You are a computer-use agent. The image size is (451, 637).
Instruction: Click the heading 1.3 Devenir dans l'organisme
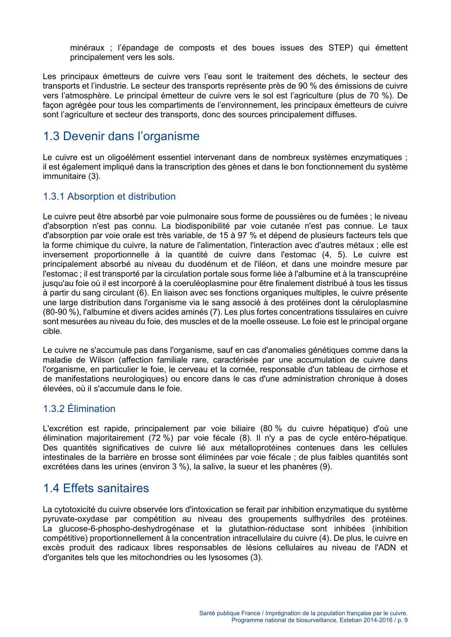point(121,136)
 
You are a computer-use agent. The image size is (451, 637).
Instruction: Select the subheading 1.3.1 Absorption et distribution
point(109,196)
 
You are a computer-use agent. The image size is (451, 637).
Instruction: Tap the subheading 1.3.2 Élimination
point(79,409)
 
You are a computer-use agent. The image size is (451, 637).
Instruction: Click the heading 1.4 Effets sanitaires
point(96,488)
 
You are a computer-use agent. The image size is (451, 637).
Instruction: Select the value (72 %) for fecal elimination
point(161,438)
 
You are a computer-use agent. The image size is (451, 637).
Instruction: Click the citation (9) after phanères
point(325,467)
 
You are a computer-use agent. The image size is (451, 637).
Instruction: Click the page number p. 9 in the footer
point(402,620)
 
